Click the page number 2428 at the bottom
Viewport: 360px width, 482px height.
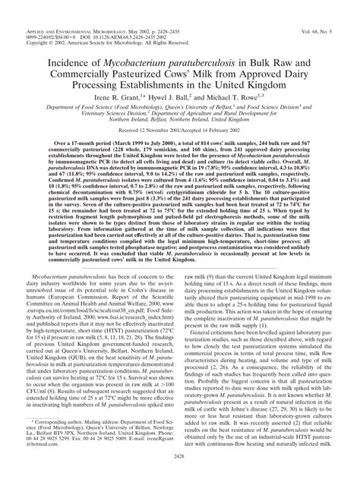point(179,472)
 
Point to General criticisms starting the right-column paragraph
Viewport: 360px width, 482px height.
point(212,354)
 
